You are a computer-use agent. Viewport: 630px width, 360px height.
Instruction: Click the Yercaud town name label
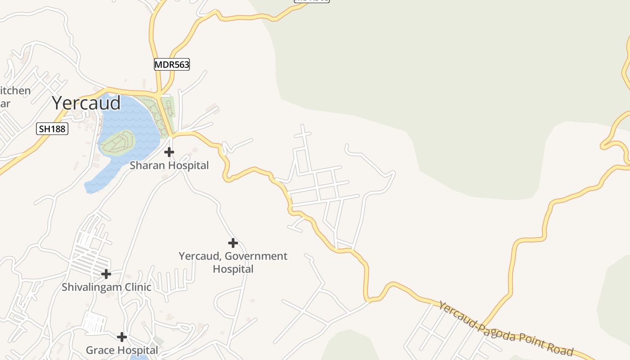pyautogui.click(x=86, y=103)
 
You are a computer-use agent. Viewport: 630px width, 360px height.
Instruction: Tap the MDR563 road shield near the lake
pyautogui.click(x=172, y=65)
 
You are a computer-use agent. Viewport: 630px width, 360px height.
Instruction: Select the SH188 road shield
pyautogui.click(x=52, y=129)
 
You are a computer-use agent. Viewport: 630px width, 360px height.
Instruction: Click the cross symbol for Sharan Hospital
pyautogui.click(x=169, y=152)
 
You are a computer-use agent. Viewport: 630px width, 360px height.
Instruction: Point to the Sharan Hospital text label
pyautogui.click(x=169, y=166)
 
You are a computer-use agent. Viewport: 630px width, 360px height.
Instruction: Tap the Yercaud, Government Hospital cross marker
pyautogui.click(x=233, y=243)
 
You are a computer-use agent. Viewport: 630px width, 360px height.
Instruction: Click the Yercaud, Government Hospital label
pyautogui.click(x=233, y=262)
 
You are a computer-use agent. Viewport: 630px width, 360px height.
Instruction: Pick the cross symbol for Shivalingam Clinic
pyautogui.click(x=106, y=274)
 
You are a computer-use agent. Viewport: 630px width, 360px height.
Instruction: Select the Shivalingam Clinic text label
pyautogui.click(x=106, y=287)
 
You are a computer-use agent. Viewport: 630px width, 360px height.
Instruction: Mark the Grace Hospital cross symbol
pyautogui.click(x=121, y=337)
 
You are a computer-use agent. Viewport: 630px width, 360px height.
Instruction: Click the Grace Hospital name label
pyautogui.click(x=121, y=350)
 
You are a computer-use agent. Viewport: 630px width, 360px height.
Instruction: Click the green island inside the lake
pyautogui.click(x=117, y=143)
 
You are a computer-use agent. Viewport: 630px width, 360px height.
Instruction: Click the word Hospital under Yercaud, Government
pyautogui.click(x=233, y=269)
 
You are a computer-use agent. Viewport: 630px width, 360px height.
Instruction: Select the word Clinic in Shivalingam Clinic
pyautogui.click(x=137, y=287)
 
